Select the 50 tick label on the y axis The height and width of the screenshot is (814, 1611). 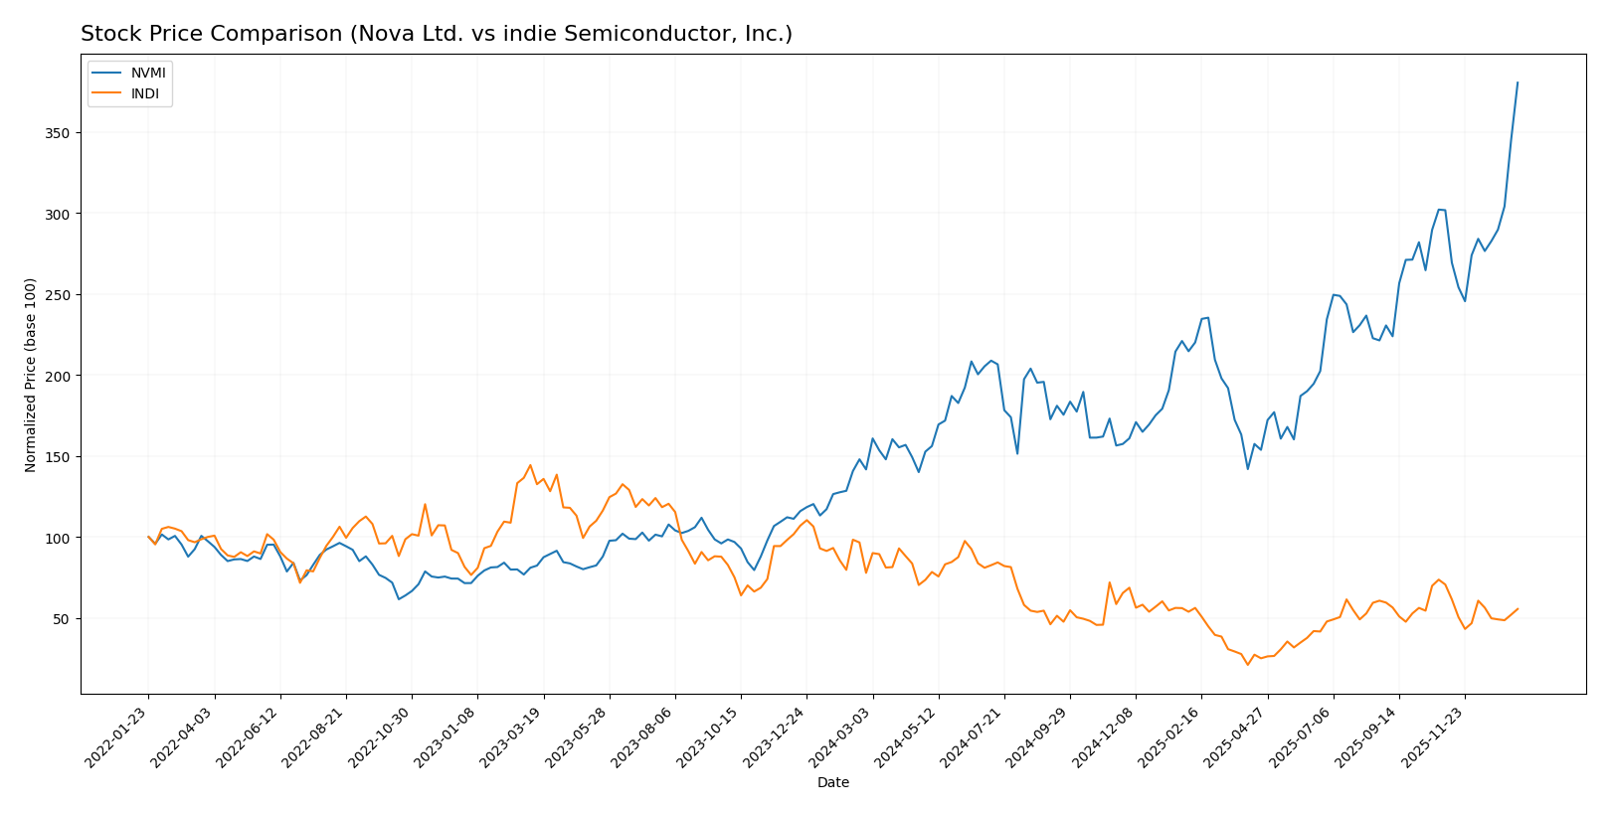[x=63, y=619]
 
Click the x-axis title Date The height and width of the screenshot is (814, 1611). [x=832, y=783]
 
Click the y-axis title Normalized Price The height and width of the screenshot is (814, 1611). [x=31, y=375]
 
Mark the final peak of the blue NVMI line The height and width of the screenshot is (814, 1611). [x=1518, y=82]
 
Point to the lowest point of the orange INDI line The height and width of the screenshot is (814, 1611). [x=1247, y=664]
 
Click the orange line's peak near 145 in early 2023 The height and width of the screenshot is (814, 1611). [x=530, y=464]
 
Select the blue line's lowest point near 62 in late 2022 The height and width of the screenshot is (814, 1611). [x=399, y=598]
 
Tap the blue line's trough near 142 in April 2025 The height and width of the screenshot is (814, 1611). [x=1247, y=469]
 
